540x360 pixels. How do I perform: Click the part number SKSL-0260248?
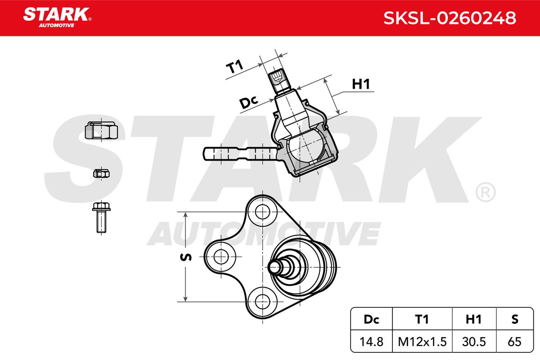(450, 18)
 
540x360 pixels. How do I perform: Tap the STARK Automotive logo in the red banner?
(57, 18)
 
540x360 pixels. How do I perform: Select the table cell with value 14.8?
(371, 342)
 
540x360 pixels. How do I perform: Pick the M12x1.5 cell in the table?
(422, 342)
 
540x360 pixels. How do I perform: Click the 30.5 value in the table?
(474, 342)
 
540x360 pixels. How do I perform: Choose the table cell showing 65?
(515, 342)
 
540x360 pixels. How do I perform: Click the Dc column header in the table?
(371, 319)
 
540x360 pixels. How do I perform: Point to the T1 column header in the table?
(422, 319)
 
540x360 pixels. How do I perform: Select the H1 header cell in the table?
(474, 319)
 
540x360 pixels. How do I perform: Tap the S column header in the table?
(515, 319)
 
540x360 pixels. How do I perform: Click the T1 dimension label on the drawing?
(234, 67)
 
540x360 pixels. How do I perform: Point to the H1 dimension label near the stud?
(360, 84)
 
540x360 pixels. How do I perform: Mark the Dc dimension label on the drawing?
(248, 102)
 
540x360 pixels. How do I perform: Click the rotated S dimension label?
(186, 257)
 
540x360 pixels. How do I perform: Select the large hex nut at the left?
(101, 130)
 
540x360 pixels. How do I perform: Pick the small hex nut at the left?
(101, 173)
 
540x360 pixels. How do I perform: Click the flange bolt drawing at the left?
(101, 217)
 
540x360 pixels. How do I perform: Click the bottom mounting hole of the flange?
(262, 301)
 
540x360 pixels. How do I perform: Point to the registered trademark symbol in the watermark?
(486, 192)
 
